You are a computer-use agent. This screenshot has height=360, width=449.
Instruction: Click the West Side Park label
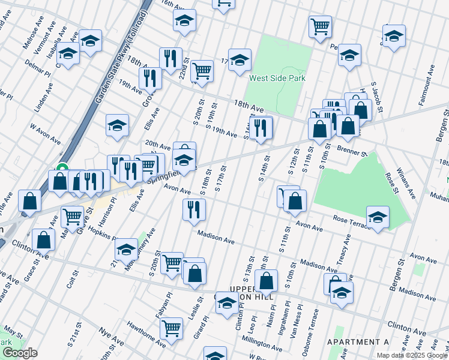(x=277, y=78)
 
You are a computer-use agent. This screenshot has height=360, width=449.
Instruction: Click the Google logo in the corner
(x=19, y=353)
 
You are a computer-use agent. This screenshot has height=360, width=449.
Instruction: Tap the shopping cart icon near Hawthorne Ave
(x=172, y=329)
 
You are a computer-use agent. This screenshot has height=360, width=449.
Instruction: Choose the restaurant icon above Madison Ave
(x=194, y=209)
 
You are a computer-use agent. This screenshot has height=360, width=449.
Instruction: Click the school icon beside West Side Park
(x=240, y=59)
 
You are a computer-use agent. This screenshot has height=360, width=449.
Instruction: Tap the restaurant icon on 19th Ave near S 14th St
(x=260, y=128)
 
